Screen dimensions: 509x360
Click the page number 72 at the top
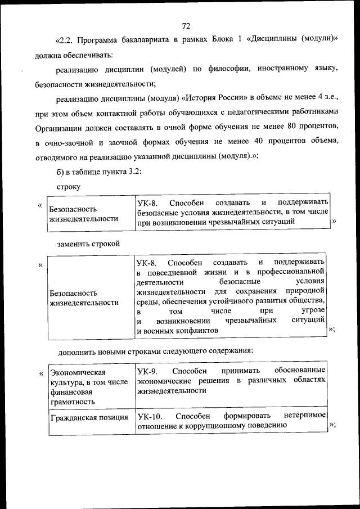coord(187,25)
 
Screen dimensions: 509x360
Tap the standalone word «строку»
coord(69,186)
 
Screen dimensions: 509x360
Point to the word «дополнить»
coord(75,351)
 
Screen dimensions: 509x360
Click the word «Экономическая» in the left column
coord(78,372)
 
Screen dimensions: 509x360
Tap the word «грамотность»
coord(72,402)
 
